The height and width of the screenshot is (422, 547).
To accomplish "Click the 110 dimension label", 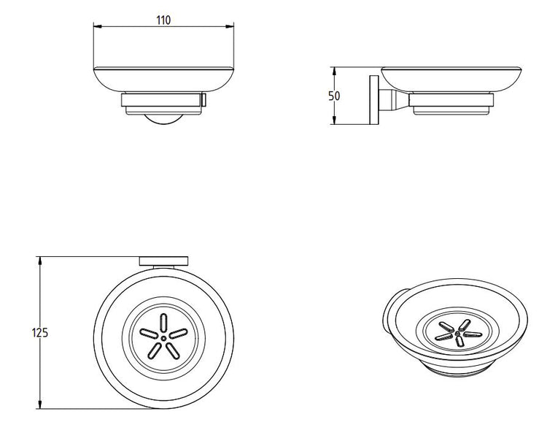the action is [x=163, y=20].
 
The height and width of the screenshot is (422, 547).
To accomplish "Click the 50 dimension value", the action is [x=334, y=96].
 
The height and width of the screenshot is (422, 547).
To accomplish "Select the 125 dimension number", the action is [x=40, y=333].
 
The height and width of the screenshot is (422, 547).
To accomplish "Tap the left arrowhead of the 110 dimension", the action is [x=97, y=26].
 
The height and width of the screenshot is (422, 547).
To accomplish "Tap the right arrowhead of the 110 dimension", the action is [x=230, y=26].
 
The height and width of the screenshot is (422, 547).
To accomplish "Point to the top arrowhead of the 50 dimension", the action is [x=334, y=72].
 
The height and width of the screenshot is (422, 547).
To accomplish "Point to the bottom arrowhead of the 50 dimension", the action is [x=334, y=120].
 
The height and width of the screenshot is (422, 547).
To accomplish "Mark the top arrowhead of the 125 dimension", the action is [x=40, y=261].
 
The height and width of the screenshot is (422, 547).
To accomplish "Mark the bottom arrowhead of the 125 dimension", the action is [x=40, y=404].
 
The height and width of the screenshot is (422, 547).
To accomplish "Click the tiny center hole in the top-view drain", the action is [x=163, y=338].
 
